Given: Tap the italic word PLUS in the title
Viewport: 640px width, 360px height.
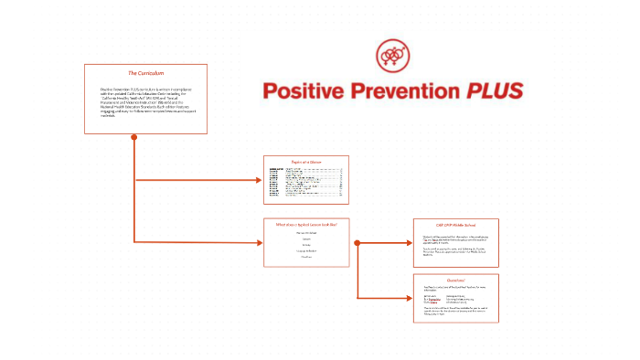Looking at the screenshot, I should pyautogui.click(x=494, y=90).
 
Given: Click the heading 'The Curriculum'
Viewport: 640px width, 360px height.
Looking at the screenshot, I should pyautogui.click(x=145, y=72).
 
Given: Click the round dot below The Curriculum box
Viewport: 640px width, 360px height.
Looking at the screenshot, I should pyautogui.click(x=134, y=138).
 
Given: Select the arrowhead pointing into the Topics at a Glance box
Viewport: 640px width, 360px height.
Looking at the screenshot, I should pyautogui.click(x=259, y=180).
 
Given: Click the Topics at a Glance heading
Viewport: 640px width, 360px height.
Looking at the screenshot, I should pyautogui.click(x=306, y=161).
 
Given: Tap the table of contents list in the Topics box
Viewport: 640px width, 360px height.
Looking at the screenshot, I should pyautogui.click(x=306, y=184).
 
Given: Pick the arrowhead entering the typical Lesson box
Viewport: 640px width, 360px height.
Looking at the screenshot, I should pyautogui.click(x=259, y=243).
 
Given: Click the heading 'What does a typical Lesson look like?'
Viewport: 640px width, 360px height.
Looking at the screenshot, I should pyautogui.click(x=306, y=224).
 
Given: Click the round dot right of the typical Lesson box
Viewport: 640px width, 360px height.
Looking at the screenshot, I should pyautogui.click(x=357, y=243).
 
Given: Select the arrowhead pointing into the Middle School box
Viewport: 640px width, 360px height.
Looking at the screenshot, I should pyautogui.click(x=408, y=243).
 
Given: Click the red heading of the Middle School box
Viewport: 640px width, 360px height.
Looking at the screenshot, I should pyautogui.click(x=455, y=224).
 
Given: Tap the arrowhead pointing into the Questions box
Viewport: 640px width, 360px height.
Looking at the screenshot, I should pyautogui.click(x=408, y=298).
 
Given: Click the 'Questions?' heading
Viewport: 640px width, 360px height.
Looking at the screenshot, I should pyautogui.click(x=455, y=280).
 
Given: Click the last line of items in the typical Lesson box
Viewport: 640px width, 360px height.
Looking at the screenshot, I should pyautogui.click(x=306, y=257).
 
